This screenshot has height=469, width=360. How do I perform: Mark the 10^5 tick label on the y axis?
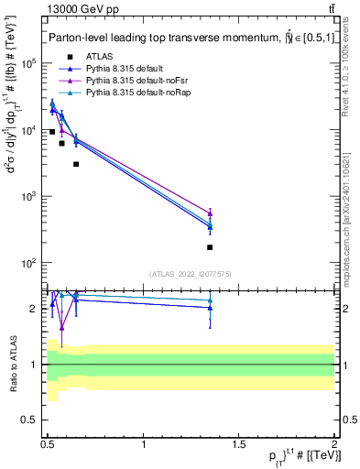click(x=29, y=64)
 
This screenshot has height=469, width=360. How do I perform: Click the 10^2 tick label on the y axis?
click(x=29, y=263)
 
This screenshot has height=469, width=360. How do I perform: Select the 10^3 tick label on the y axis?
click(x=29, y=197)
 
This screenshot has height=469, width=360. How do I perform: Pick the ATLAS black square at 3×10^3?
click(x=76, y=165)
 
